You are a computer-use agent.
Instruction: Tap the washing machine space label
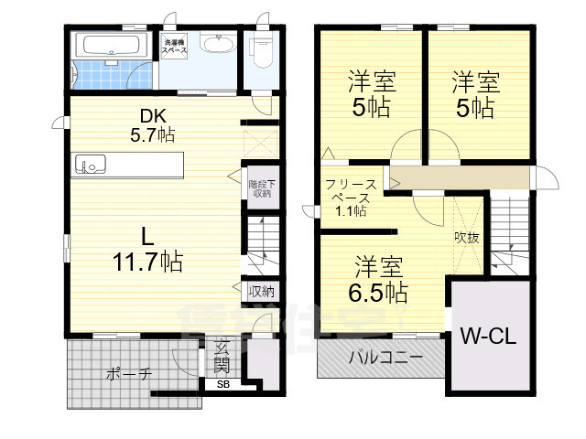pyautogui.click(x=175, y=48)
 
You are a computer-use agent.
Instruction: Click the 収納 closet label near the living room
pyautogui.click(x=262, y=292)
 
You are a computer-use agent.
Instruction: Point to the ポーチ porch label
pyautogui.click(x=128, y=374)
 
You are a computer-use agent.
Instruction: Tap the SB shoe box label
pyautogui.click(x=223, y=385)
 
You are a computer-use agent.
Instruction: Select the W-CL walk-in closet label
pyautogui.click(x=488, y=335)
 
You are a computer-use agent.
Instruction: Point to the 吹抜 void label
pyautogui.click(x=467, y=236)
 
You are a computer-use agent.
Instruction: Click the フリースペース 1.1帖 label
pyautogui.click(x=347, y=197)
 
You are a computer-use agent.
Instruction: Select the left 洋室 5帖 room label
pyautogui.click(x=372, y=94)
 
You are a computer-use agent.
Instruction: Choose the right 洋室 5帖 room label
pyautogui.click(x=475, y=94)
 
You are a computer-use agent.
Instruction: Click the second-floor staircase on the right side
pyautogui.click(x=508, y=230)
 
